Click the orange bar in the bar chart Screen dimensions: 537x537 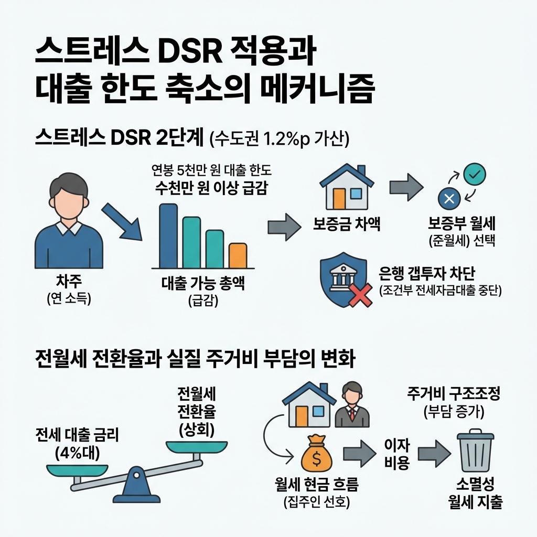point(238,255)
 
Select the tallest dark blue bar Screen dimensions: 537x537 point(168,235)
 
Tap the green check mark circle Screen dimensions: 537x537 point(476,174)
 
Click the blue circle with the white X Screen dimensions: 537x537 point(449,199)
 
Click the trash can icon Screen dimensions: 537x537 point(476,452)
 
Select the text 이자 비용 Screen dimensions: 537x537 point(397,454)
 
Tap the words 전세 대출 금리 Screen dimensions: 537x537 point(77,435)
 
